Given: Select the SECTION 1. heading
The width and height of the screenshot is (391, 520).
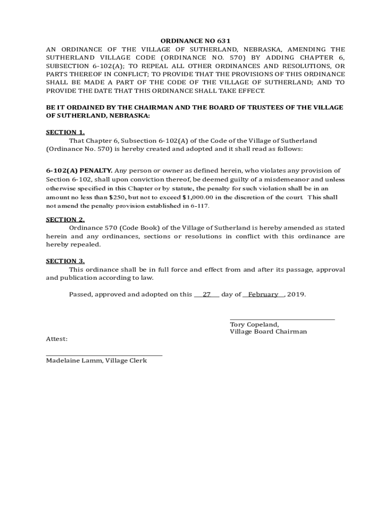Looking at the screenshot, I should (65, 132).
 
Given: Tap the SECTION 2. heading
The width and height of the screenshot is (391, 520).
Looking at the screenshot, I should (65, 219).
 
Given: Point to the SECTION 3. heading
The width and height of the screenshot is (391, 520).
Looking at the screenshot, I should (65, 261).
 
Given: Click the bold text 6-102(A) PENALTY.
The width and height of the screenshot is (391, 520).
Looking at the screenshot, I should (79, 171).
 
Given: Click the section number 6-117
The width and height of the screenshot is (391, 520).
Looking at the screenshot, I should (199, 206).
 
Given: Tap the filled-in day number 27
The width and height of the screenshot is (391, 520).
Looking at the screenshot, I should (207, 295).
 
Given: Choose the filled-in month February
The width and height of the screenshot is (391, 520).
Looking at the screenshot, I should (263, 295).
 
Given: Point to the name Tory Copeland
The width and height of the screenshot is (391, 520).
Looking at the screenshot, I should (254, 324).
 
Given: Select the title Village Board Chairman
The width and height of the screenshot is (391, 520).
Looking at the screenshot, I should (268, 332).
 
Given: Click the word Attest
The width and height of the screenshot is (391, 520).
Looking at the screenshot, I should (56, 339).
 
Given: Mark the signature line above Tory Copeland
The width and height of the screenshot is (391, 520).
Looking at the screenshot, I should (282, 319).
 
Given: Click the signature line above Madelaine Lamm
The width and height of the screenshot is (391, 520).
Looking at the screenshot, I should (104, 355).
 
